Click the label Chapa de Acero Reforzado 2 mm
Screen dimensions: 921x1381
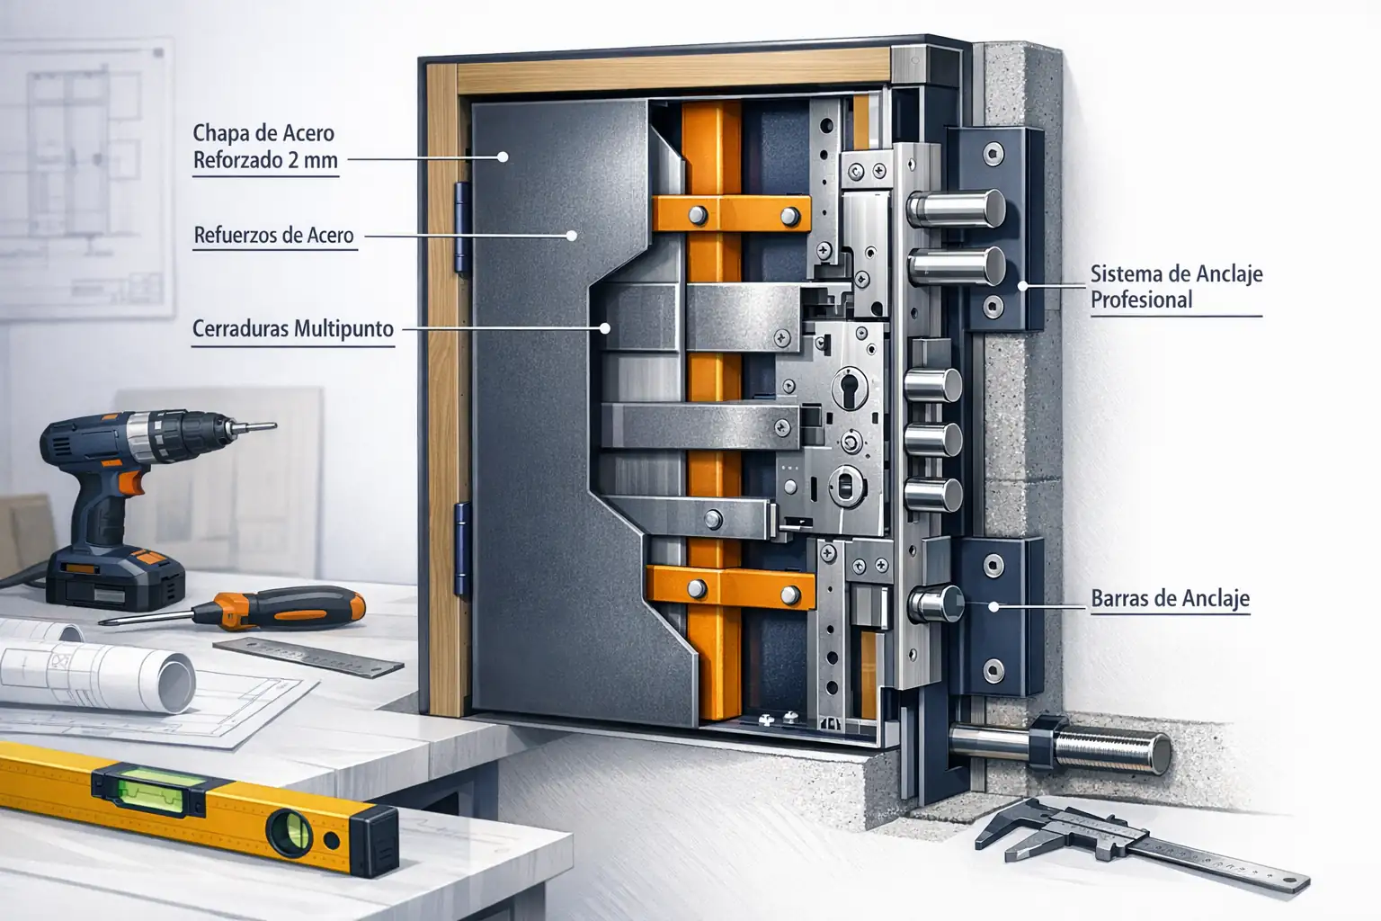(x=265, y=147)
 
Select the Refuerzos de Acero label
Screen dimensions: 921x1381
(x=274, y=236)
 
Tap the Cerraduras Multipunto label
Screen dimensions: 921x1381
(x=293, y=329)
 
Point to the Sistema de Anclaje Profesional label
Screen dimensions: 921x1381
(x=1176, y=287)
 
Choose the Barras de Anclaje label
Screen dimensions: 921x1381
(x=1170, y=599)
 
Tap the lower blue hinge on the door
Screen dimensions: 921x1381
(x=463, y=549)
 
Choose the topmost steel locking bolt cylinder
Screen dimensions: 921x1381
(x=955, y=210)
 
